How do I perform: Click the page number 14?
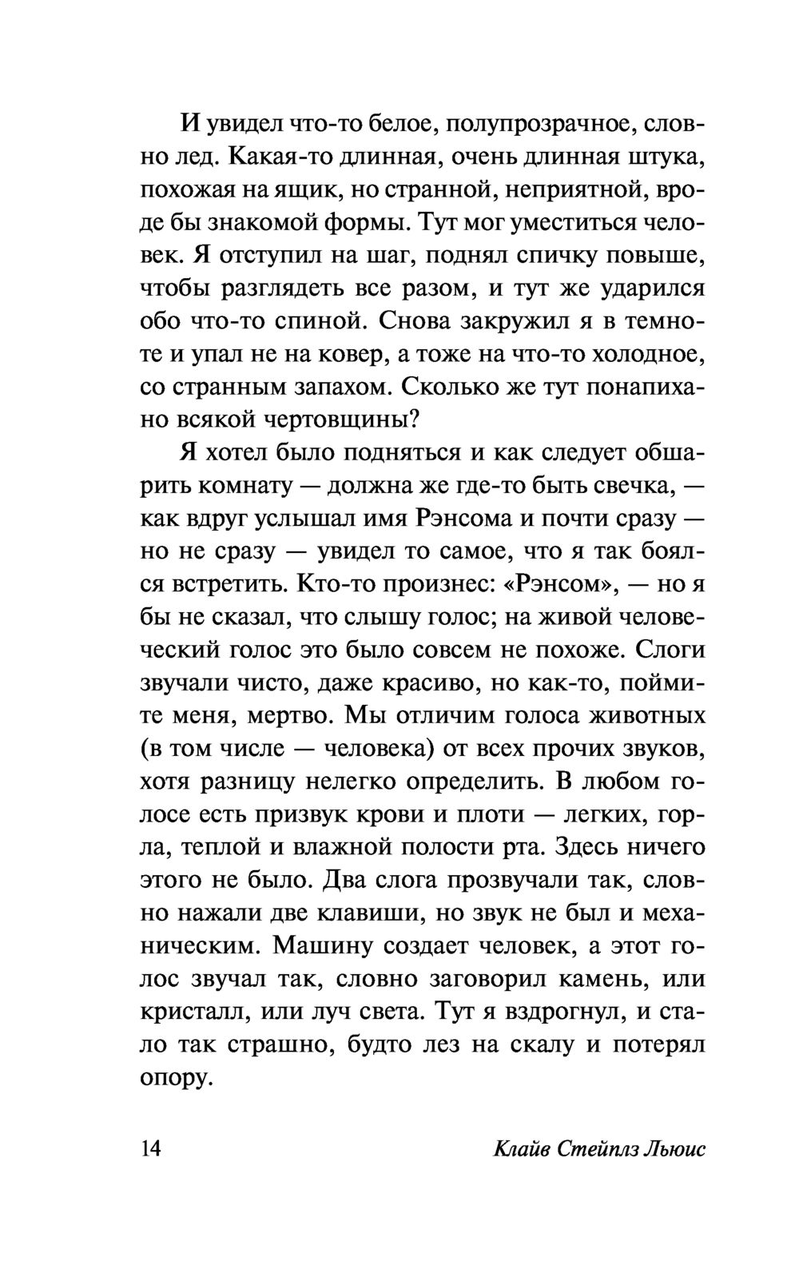point(151,1148)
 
